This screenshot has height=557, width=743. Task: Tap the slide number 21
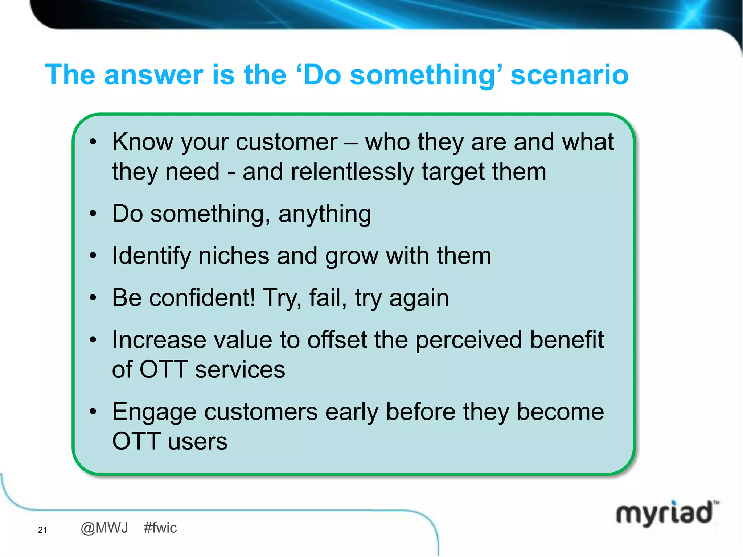[x=42, y=530]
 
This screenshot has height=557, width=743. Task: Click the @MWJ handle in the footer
[x=104, y=528]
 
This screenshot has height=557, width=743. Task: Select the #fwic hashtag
[x=160, y=528]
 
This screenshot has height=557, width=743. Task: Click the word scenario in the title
[x=569, y=75]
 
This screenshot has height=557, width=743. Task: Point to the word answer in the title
[x=153, y=75]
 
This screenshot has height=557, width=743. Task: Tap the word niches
[x=234, y=256]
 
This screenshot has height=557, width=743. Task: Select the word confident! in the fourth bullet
[x=202, y=298]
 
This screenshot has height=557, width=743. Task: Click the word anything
[x=325, y=214]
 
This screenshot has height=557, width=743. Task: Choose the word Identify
[x=151, y=256]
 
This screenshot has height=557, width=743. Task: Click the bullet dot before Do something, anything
[x=93, y=214]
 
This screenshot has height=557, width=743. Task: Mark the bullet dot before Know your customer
[x=93, y=142]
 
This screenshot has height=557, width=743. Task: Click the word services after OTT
[x=240, y=370]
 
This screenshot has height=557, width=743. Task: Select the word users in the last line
[x=198, y=442]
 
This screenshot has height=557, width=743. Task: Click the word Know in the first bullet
[x=143, y=142]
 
